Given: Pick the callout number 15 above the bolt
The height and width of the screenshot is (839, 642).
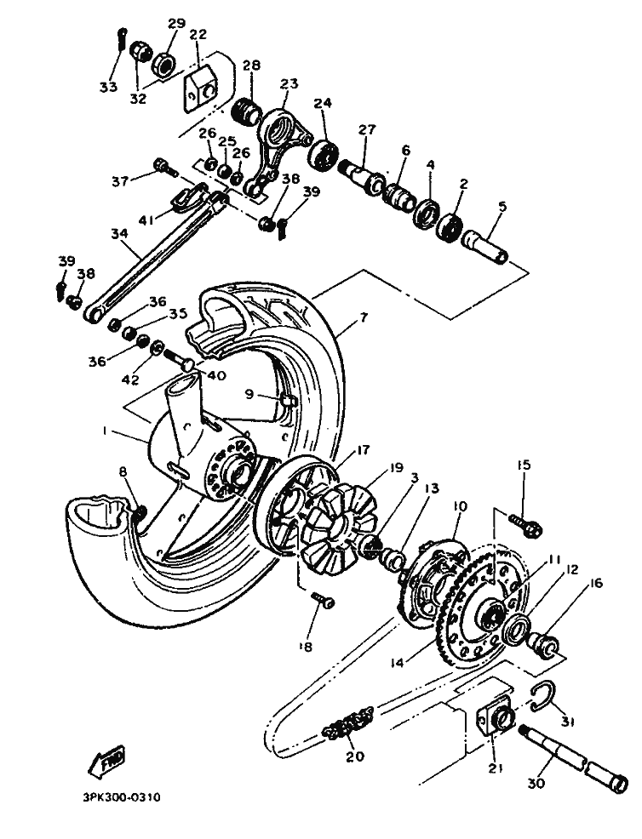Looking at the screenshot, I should (523, 465).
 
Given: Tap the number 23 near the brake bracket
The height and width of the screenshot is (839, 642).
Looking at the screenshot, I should (289, 83).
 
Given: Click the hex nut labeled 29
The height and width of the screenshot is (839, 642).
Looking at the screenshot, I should (164, 61).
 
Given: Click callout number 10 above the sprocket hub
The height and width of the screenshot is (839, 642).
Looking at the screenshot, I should (461, 506).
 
